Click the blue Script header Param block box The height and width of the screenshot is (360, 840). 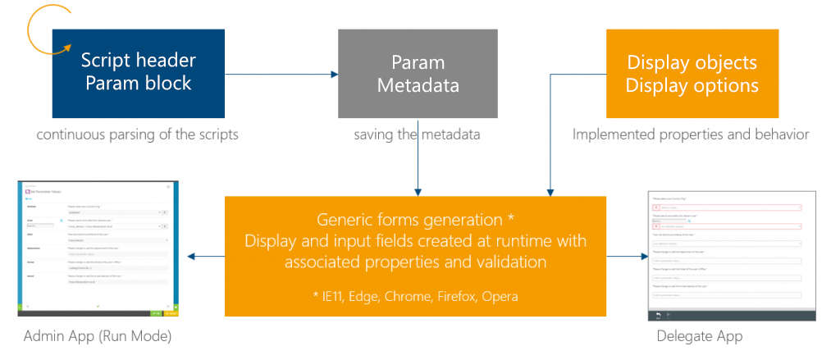pos(138,73)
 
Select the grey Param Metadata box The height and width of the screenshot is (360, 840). pos(418,73)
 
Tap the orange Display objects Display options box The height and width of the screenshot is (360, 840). pos(692,73)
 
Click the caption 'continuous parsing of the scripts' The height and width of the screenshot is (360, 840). pos(137,134)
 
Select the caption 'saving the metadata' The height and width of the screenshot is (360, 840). pos(417,134)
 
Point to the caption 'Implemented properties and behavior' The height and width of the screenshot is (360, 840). pos(691,134)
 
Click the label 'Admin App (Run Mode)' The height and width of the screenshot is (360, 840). pos(98,336)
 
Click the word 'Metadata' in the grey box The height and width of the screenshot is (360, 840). pos(418,84)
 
